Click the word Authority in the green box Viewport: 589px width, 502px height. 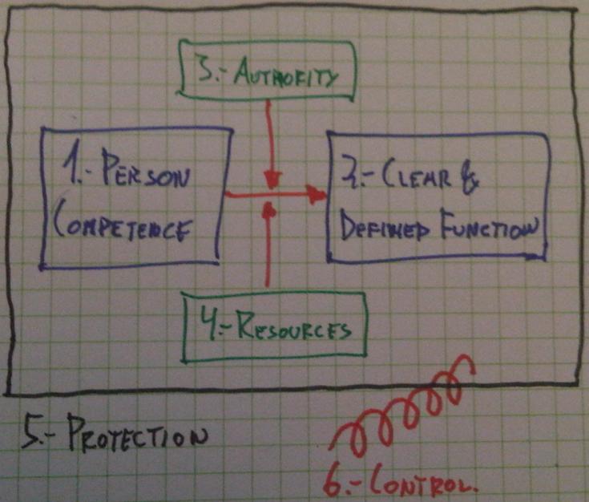(x=291, y=77)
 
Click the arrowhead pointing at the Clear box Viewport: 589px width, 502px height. (x=319, y=194)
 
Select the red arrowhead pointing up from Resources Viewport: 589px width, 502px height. (x=268, y=210)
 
